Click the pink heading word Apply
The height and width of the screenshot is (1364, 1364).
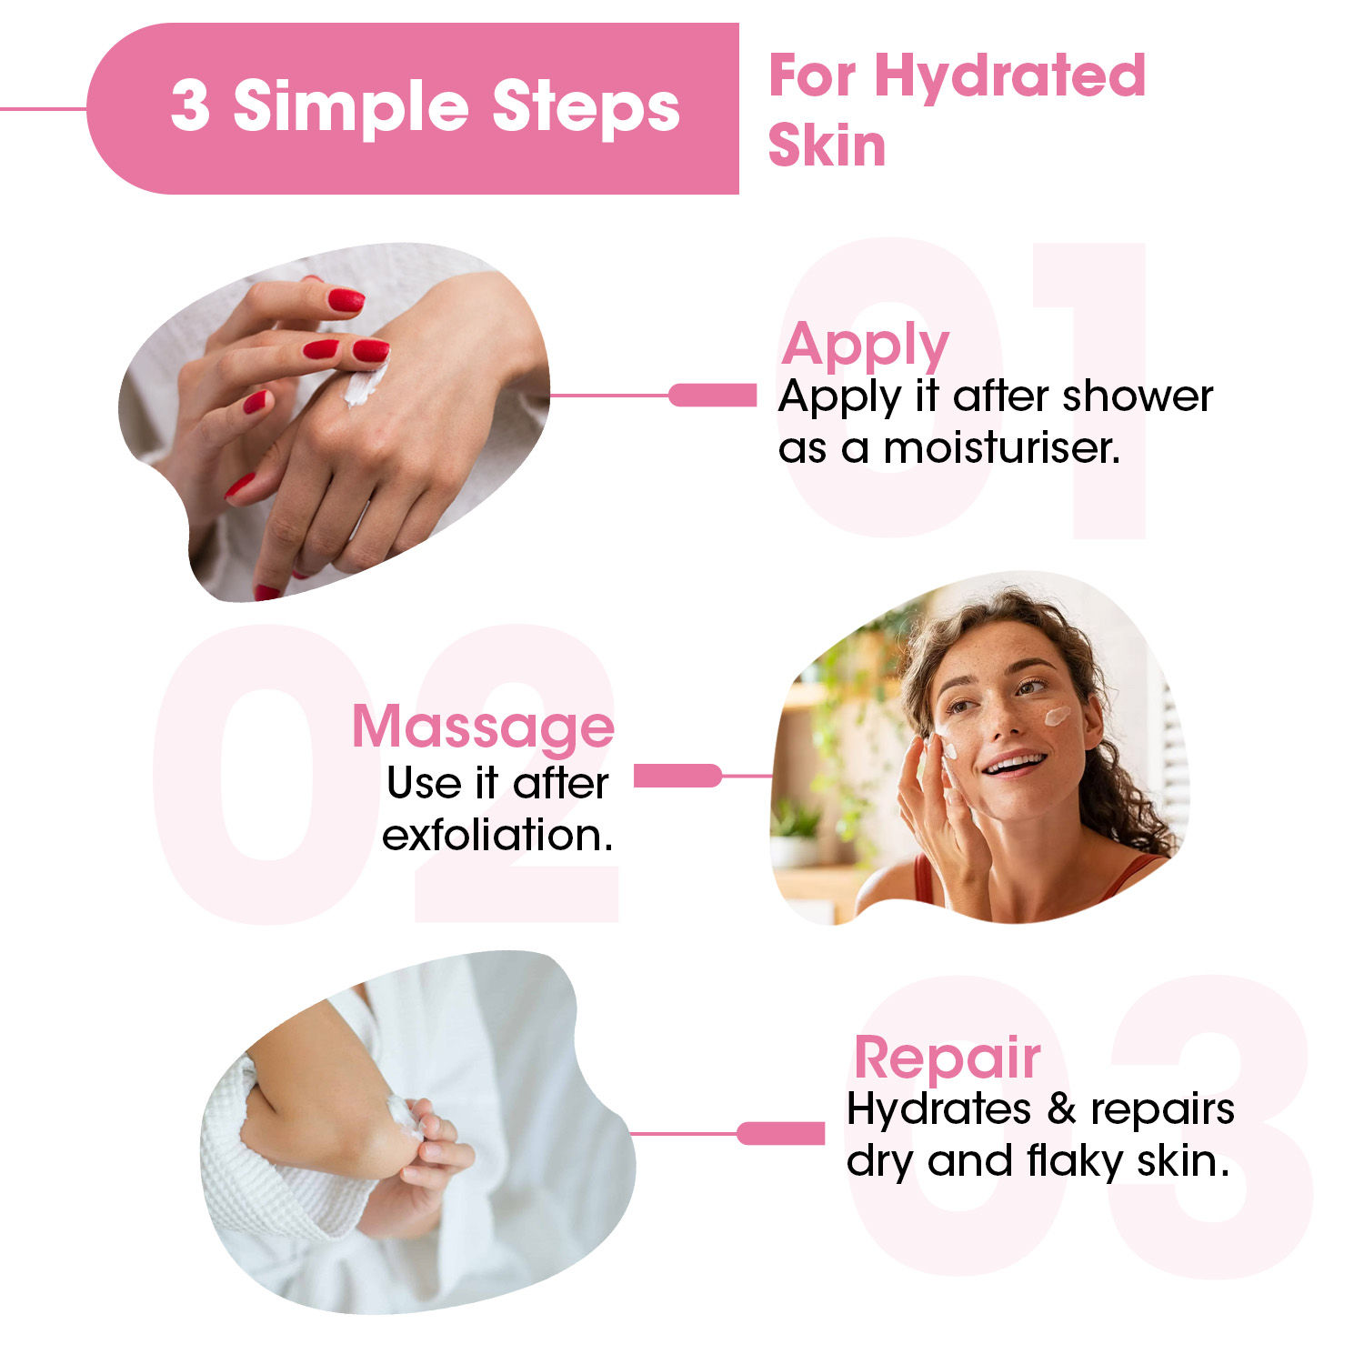point(865,346)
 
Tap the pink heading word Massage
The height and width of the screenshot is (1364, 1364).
point(483,727)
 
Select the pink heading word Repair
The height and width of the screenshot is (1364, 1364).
point(947,1059)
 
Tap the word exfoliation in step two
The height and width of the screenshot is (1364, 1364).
point(497,835)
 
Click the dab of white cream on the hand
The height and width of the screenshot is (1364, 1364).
point(364,386)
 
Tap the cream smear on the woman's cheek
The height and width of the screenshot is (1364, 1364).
point(1057,716)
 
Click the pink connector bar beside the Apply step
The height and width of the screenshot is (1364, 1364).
point(712,395)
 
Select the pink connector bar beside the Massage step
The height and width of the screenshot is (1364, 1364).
point(677,776)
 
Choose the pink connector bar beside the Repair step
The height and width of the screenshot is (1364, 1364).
point(780,1133)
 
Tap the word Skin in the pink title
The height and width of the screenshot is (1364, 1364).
point(827,145)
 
